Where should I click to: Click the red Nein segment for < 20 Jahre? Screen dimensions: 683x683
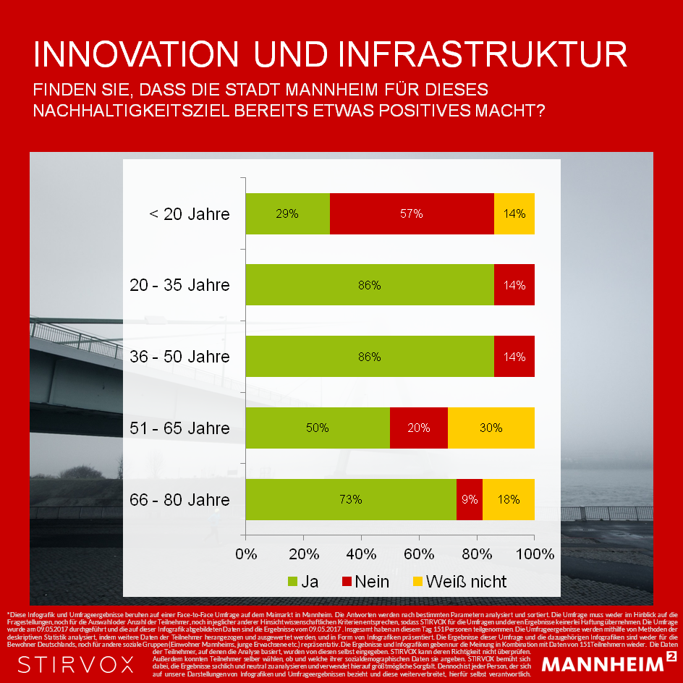[412, 213]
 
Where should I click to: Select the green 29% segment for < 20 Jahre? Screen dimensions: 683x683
[288, 213]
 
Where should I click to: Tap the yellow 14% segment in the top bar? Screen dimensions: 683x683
[514, 213]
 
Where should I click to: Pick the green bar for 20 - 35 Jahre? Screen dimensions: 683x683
[370, 285]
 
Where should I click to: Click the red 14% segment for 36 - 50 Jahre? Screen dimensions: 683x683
[514, 357]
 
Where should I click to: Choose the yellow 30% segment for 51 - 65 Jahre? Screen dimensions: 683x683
[491, 428]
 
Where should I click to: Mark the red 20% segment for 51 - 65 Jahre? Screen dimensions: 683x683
[419, 428]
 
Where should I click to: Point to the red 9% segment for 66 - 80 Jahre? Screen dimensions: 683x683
[470, 499]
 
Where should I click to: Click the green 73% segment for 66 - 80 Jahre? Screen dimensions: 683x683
[351, 499]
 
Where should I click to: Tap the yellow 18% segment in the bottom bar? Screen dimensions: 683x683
[509, 499]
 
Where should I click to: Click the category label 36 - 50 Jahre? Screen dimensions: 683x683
[179, 357]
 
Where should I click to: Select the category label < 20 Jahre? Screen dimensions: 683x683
[189, 214]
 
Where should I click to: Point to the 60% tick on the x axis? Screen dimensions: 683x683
[419, 555]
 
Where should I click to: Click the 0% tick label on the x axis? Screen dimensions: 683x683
[247, 555]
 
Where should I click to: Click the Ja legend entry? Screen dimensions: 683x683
[302, 582]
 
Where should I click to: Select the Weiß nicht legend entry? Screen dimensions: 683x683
[459, 582]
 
